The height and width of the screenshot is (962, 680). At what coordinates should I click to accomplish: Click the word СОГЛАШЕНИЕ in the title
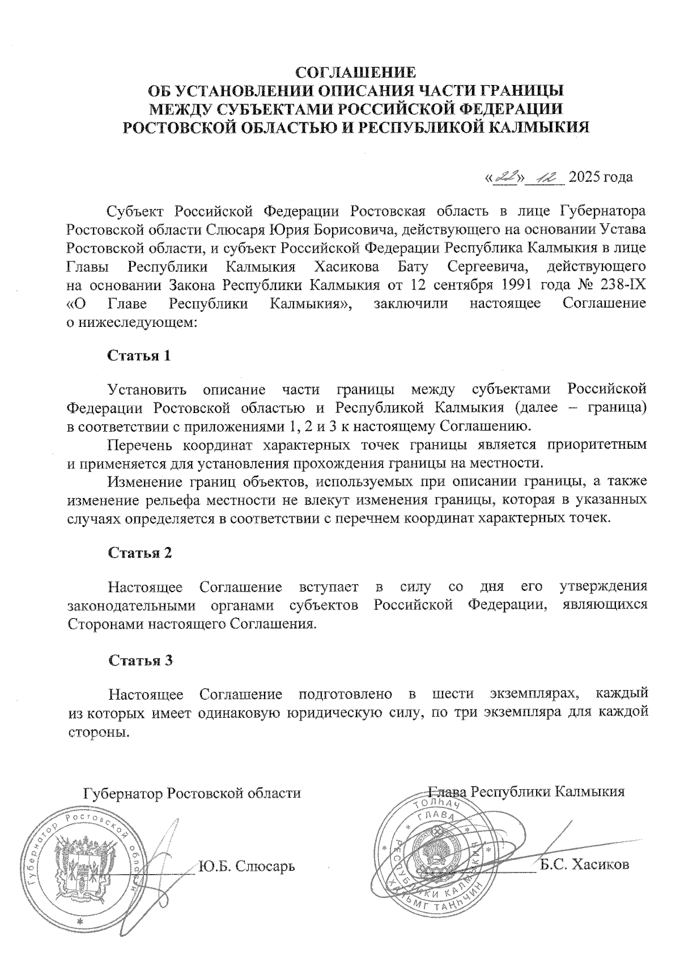tap(356, 73)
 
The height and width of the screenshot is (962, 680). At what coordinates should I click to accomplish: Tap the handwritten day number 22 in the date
tap(504, 177)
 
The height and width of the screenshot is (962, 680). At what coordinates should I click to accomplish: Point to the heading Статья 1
tap(139, 356)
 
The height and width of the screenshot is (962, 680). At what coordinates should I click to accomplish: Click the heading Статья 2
tap(139, 553)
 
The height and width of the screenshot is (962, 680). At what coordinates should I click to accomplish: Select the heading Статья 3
tap(139, 661)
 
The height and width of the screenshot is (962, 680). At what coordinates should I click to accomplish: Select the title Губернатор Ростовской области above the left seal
tap(192, 793)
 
